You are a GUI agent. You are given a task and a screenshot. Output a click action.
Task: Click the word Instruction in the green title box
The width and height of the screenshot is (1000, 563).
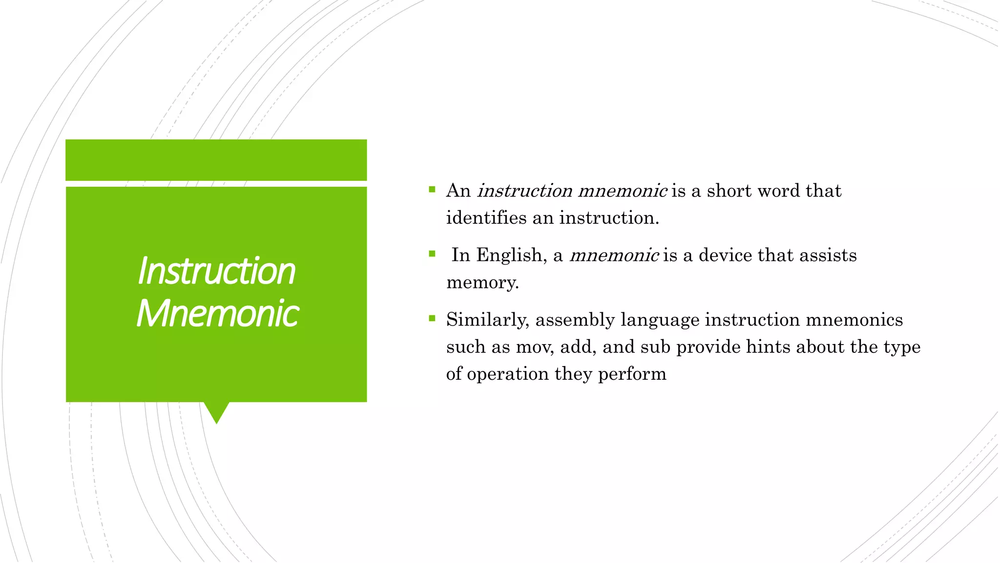tap(216, 271)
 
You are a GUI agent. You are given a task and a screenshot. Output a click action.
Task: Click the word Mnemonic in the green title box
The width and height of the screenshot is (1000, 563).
tap(217, 314)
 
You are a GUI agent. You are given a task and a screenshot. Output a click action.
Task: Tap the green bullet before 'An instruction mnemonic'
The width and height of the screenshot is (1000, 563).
tap(432, 189)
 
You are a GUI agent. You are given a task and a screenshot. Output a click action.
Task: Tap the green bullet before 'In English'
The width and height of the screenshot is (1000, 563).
tap(432, 254)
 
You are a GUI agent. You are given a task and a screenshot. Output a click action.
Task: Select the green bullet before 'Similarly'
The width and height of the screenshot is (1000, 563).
tap(432, 319)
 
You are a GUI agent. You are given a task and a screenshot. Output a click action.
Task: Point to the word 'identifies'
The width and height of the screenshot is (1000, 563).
tap(486, 218)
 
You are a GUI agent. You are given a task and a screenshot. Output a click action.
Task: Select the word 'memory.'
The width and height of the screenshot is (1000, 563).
tap(482, 282)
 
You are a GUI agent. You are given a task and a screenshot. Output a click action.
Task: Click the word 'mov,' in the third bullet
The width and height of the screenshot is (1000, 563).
tap(535, 347)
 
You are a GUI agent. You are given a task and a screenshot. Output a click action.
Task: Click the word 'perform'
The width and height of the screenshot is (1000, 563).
tap(632, 374)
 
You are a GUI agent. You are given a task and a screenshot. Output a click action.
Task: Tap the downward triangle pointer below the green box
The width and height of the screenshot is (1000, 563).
tap(216, 411)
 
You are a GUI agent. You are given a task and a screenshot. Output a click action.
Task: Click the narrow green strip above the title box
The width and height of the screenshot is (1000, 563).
tap(216, 160)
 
